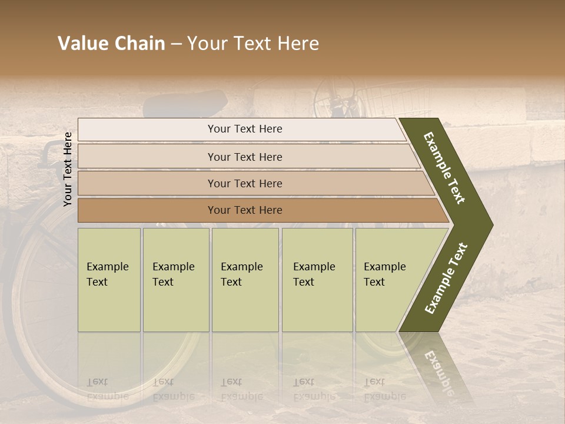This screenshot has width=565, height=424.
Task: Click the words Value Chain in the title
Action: [x=111, y=44]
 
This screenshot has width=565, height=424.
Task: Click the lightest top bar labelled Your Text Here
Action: [x=244, y=129]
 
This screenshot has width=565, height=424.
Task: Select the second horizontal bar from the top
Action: [x=244, y=157]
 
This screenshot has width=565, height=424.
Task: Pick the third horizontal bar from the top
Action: [x=244, y=183]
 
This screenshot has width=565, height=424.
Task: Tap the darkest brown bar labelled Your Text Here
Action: [x=244, y=210]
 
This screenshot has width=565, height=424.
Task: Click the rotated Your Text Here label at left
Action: [x=68, y=170]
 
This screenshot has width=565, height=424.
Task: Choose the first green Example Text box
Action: [x=109, y=280]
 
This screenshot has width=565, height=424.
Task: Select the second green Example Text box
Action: [x=175, y=280]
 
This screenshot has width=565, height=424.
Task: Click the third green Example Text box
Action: [x=244, y=280]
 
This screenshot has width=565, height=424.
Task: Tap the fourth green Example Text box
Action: [x=317, y=280]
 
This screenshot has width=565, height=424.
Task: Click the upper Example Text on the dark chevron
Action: [x=444, y=168]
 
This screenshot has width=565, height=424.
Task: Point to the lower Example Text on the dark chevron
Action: [x=446, y=278]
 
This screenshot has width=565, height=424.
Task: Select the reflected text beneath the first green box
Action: [x=107, y=389]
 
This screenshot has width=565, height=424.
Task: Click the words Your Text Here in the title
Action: [x=253, y=44]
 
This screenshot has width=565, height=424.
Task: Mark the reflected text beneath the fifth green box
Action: [x=384, y=389]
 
